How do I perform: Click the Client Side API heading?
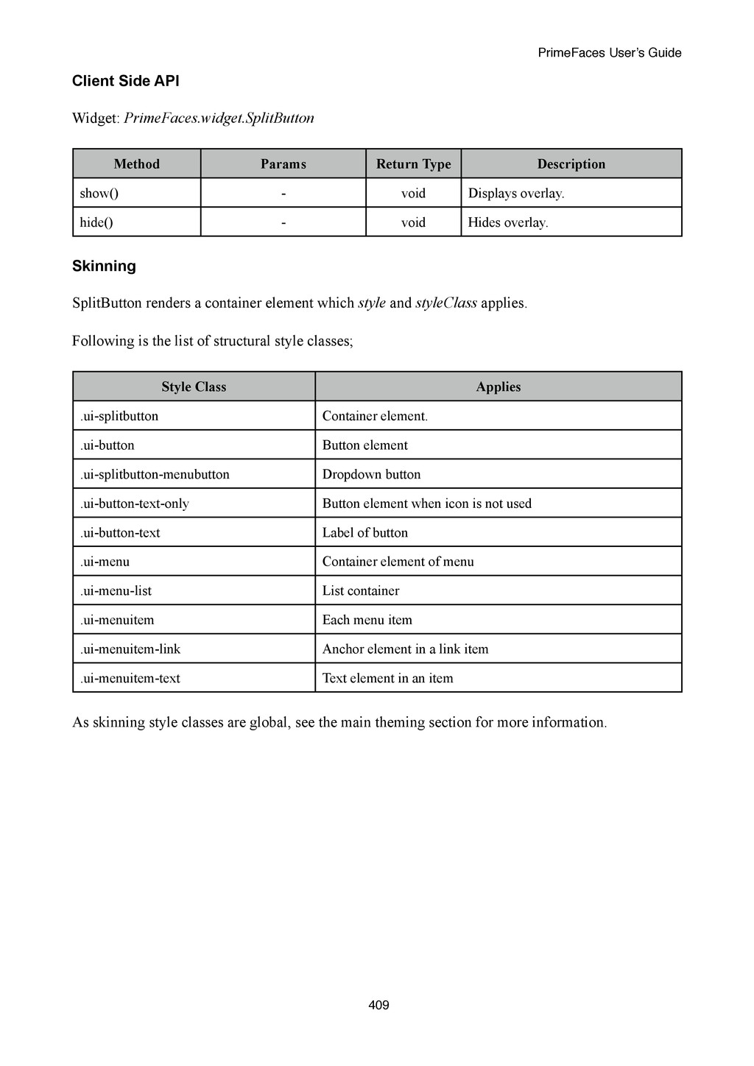[125, 81]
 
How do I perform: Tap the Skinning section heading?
[104, 266]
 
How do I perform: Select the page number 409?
[378, 1005]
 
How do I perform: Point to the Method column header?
[136, 164]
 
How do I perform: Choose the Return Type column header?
[413, 164]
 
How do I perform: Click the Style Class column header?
[194, 387]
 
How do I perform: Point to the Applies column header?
[498, 387]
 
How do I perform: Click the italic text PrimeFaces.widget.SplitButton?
[219, 119]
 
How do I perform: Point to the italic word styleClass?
[446, 303]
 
